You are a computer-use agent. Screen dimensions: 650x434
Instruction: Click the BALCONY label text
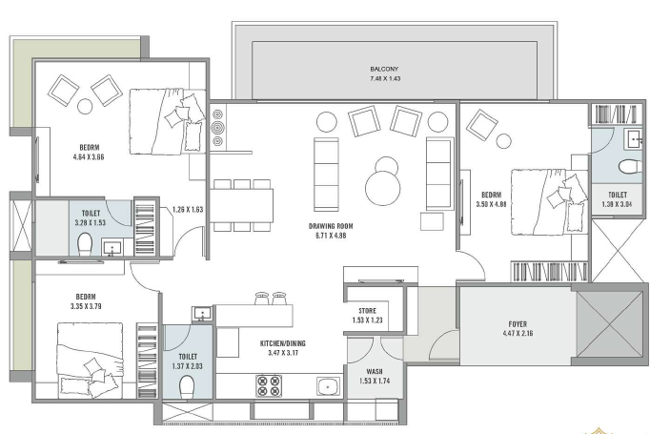384,69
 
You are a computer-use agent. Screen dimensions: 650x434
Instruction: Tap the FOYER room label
518,324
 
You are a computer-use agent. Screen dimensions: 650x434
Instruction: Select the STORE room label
367,311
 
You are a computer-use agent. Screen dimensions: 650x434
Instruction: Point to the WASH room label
375,371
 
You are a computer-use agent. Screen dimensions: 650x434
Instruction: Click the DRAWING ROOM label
331,226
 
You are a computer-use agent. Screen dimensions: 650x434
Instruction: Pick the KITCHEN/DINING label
283,343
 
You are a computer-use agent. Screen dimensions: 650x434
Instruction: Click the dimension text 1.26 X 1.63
188,210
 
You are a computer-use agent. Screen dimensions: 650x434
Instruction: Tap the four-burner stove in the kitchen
269,386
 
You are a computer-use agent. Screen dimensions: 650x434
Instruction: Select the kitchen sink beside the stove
328,386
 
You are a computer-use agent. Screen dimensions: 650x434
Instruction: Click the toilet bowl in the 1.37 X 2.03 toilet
187,386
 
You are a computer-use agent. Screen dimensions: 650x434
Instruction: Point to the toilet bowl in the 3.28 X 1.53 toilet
85,244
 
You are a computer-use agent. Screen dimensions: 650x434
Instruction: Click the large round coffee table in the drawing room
383,188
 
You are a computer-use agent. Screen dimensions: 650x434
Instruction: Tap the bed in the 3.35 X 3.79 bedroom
91,361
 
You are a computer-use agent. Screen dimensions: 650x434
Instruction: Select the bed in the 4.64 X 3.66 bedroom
168,121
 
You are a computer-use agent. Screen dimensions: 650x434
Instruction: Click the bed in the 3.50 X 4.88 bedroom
549,202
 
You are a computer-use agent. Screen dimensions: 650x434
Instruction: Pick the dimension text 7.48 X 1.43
385,78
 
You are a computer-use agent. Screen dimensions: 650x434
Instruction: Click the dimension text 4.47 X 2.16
518,333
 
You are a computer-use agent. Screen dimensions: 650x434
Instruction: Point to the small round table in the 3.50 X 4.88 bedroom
503,141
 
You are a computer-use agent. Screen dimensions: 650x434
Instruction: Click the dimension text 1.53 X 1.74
375,381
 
